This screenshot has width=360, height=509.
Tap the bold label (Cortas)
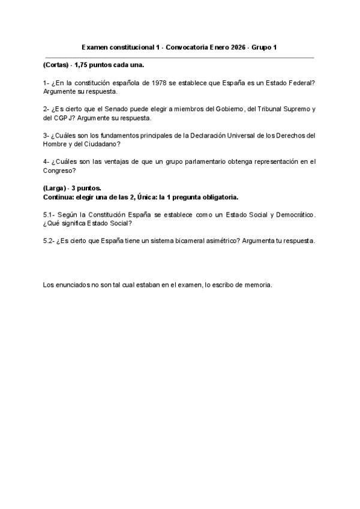[x=55, y=64]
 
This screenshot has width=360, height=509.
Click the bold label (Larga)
[x=55, y=188]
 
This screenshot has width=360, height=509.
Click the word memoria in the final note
[x=259, y=285]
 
